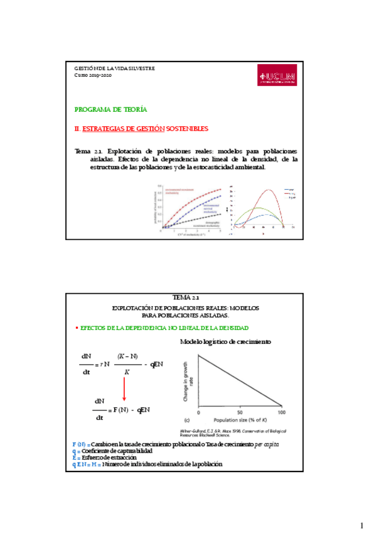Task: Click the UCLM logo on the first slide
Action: pos(277,78)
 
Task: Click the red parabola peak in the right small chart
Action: pos(269,190)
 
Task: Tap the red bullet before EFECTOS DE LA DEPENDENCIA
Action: pos(77,328)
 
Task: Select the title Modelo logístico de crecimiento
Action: pos(225,342)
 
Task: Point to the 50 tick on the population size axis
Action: pos(240,412)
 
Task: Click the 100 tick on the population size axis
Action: pos(281,412)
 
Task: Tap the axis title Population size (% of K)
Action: pos(240,419)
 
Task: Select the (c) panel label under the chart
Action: pos(187,419)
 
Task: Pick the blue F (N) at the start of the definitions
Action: pos(80,444)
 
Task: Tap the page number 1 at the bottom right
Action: pos(361,525)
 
